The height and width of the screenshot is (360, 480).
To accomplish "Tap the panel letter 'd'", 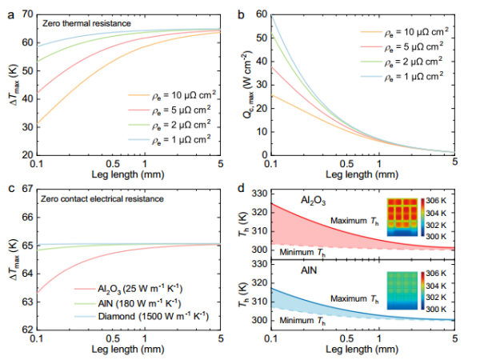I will click(x=250, y=189).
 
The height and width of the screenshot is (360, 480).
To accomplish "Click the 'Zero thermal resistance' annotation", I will click(x=89, y=24).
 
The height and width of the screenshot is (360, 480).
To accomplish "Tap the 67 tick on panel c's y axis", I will click(x=26, y=189).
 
